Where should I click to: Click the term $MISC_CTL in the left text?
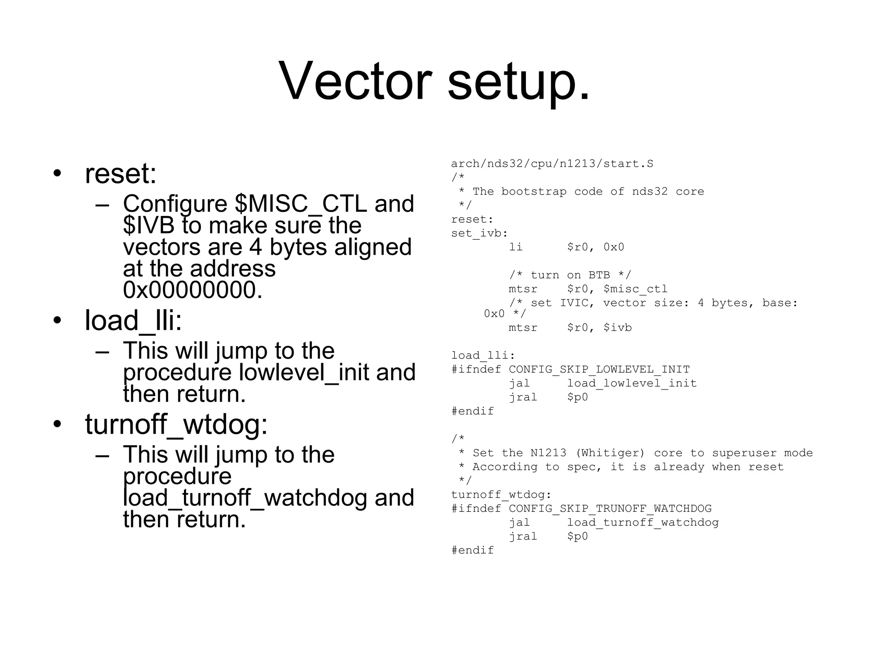301,203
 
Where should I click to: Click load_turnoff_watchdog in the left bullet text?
245,497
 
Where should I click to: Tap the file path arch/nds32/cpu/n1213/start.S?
552,164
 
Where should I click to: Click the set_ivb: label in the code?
479,233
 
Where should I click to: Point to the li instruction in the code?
516,247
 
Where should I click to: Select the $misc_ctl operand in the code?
635,289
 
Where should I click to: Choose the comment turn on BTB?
570,275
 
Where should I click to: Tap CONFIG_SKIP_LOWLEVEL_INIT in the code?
599,369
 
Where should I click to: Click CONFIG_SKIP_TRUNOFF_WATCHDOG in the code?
610,508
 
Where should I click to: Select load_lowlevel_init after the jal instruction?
632,383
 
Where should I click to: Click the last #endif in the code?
472,550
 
